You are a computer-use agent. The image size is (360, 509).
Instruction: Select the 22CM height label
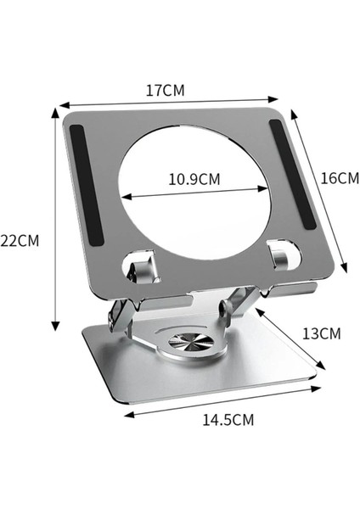pyautogui.click(x=20, y=240)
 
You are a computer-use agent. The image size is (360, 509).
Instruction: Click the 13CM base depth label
pyautogui.click(x=321, y=333)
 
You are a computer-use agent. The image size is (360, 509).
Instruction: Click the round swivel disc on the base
pyautogui.click(x=186, y=344)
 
